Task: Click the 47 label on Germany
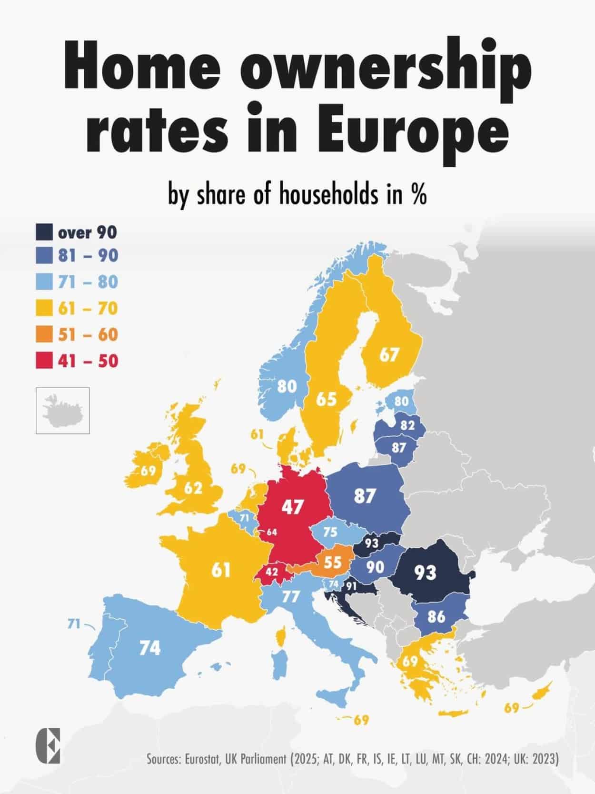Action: (292, 507)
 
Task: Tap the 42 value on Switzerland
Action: (272, 572)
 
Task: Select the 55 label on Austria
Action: (333, 562)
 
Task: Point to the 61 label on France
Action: (221, 570)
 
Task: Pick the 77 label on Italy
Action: (291, 597)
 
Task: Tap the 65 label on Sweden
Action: (326, 399)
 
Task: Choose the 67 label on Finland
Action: (389, 354)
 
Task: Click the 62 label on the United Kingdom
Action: (193, 487)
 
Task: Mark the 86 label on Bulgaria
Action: (436, 617)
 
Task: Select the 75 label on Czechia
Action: (330, 532)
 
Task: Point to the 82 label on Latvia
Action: (407, 425)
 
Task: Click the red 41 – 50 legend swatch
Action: (44, 361)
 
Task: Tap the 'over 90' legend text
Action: (87, 233)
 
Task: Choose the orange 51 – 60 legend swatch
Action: (44, 334)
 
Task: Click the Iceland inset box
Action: (63, 411)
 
